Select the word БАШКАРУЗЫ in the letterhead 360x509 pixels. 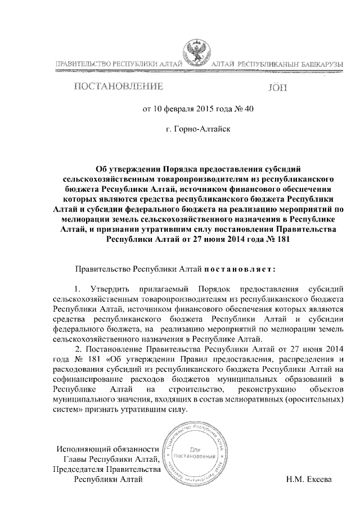318,66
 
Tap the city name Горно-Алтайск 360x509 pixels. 194,129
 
